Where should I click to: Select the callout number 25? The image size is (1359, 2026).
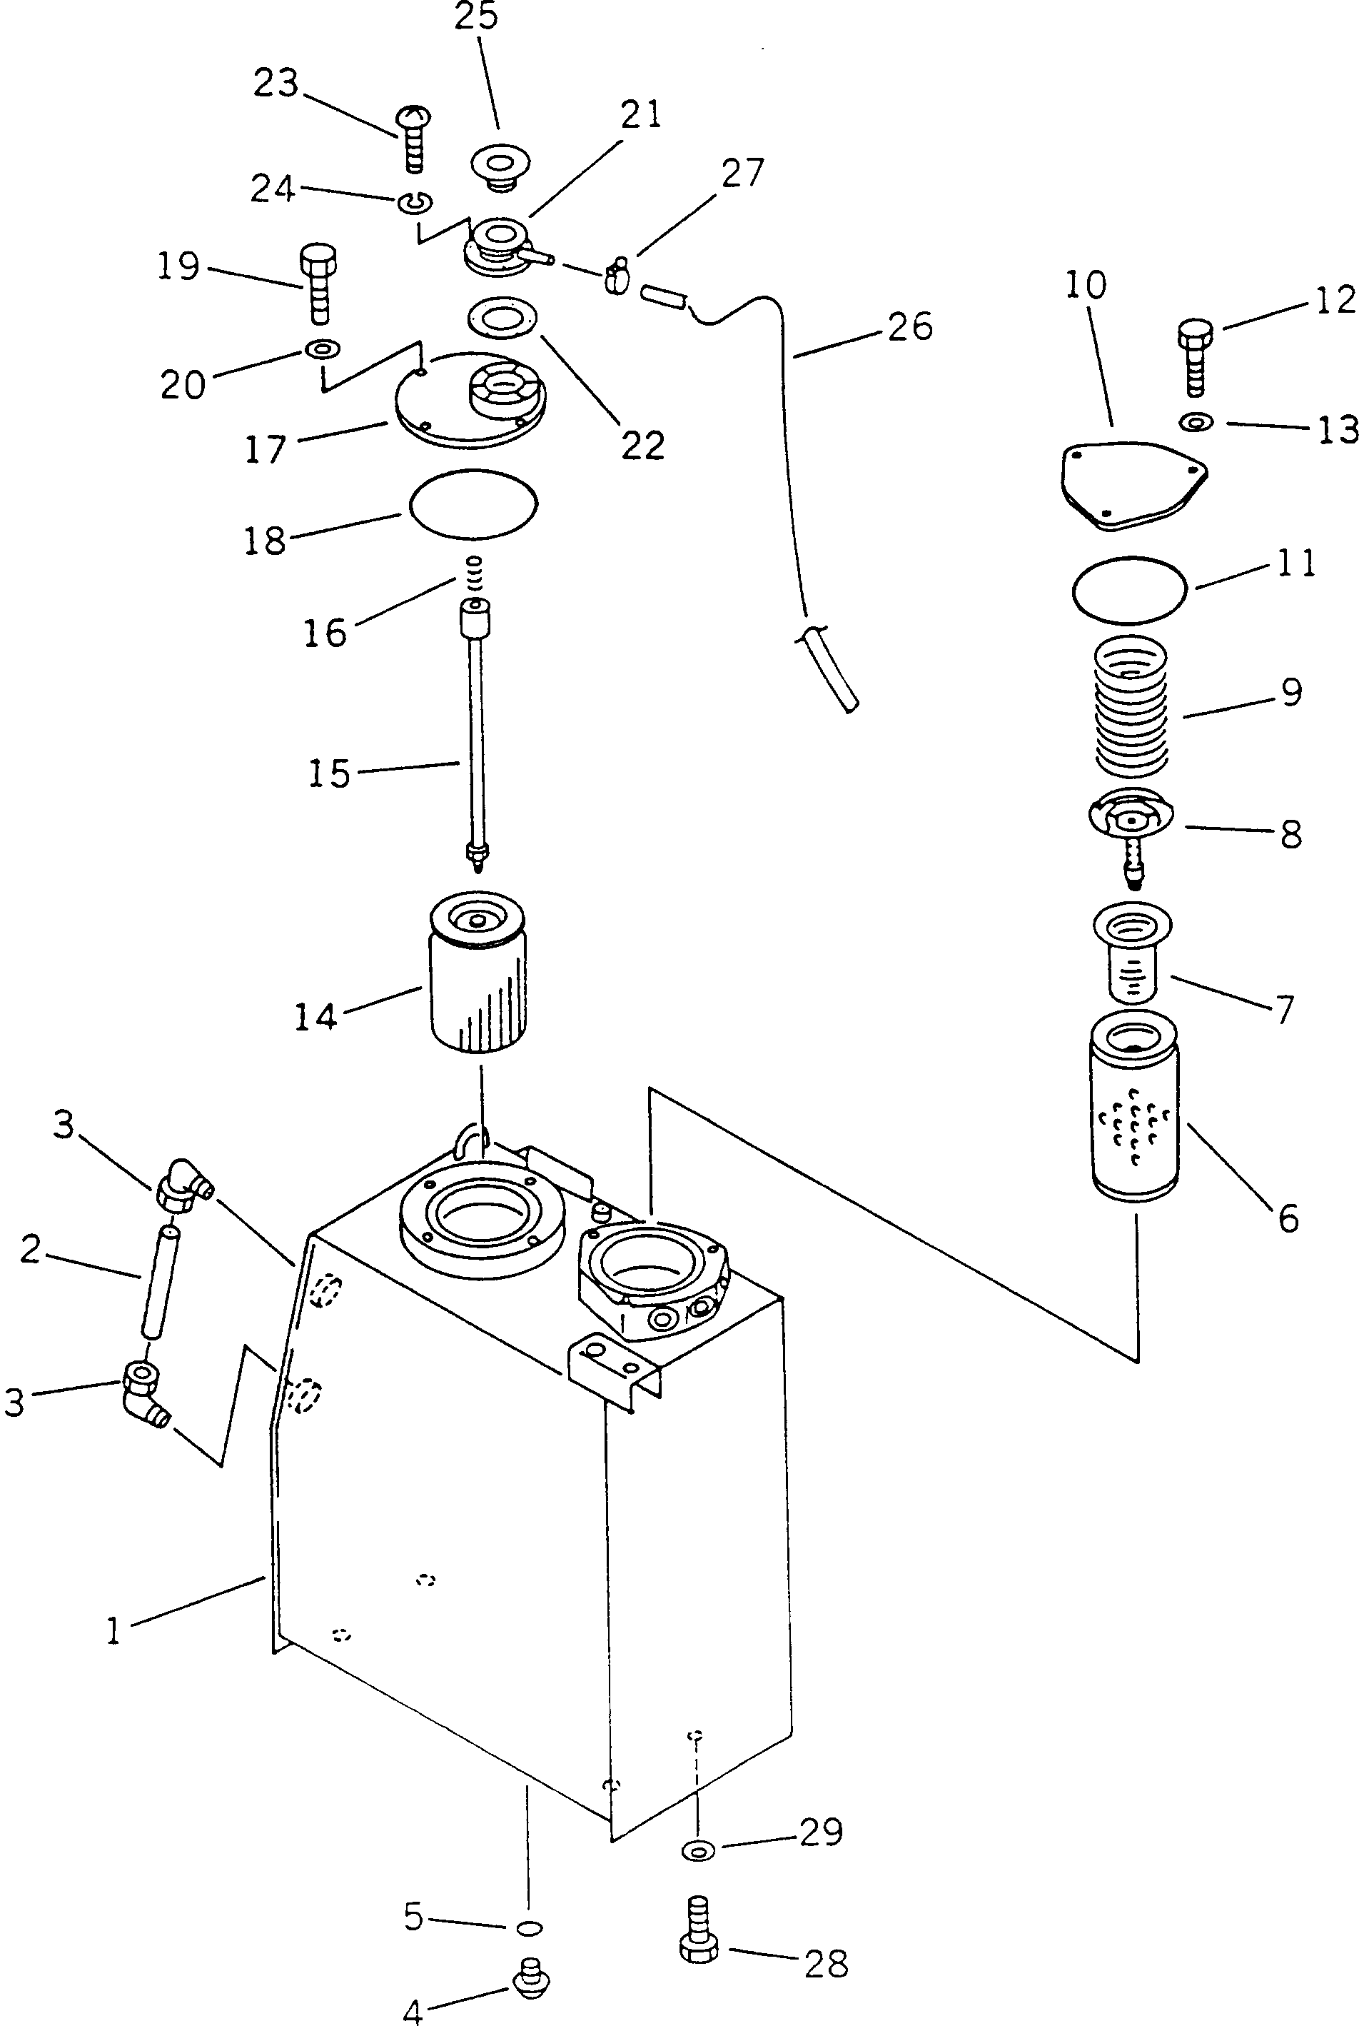[476, 16]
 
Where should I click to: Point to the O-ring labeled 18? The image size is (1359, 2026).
[473, 503]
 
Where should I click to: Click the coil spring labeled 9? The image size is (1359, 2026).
[1131, 706]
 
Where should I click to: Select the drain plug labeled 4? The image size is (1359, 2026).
[531, 1977]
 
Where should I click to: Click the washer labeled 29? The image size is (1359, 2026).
[699, 1852]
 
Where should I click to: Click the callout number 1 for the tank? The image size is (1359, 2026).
[113, 1630]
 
